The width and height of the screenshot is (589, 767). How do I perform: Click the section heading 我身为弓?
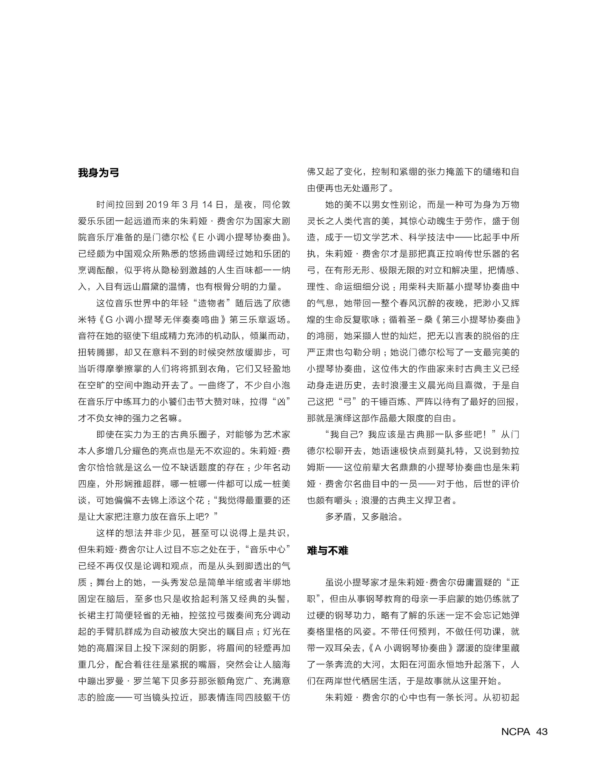99,173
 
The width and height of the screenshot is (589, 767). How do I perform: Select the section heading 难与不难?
328,551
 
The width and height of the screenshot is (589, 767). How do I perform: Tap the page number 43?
542,732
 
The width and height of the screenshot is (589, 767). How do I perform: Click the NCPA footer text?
515,732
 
